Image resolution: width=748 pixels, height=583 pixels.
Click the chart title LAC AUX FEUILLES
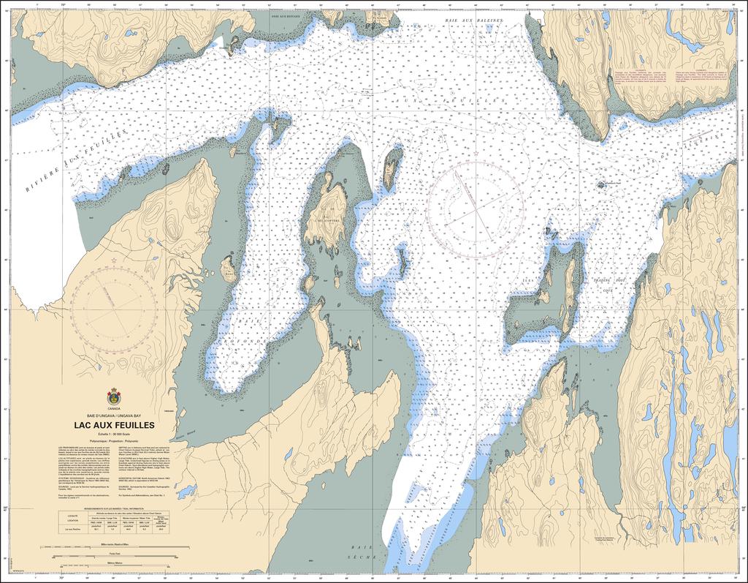[113, 424]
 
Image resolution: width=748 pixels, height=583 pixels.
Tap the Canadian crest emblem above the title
[113, 396]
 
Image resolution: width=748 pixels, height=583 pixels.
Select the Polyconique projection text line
[113, 443]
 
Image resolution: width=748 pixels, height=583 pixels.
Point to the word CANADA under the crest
[113, 407]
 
